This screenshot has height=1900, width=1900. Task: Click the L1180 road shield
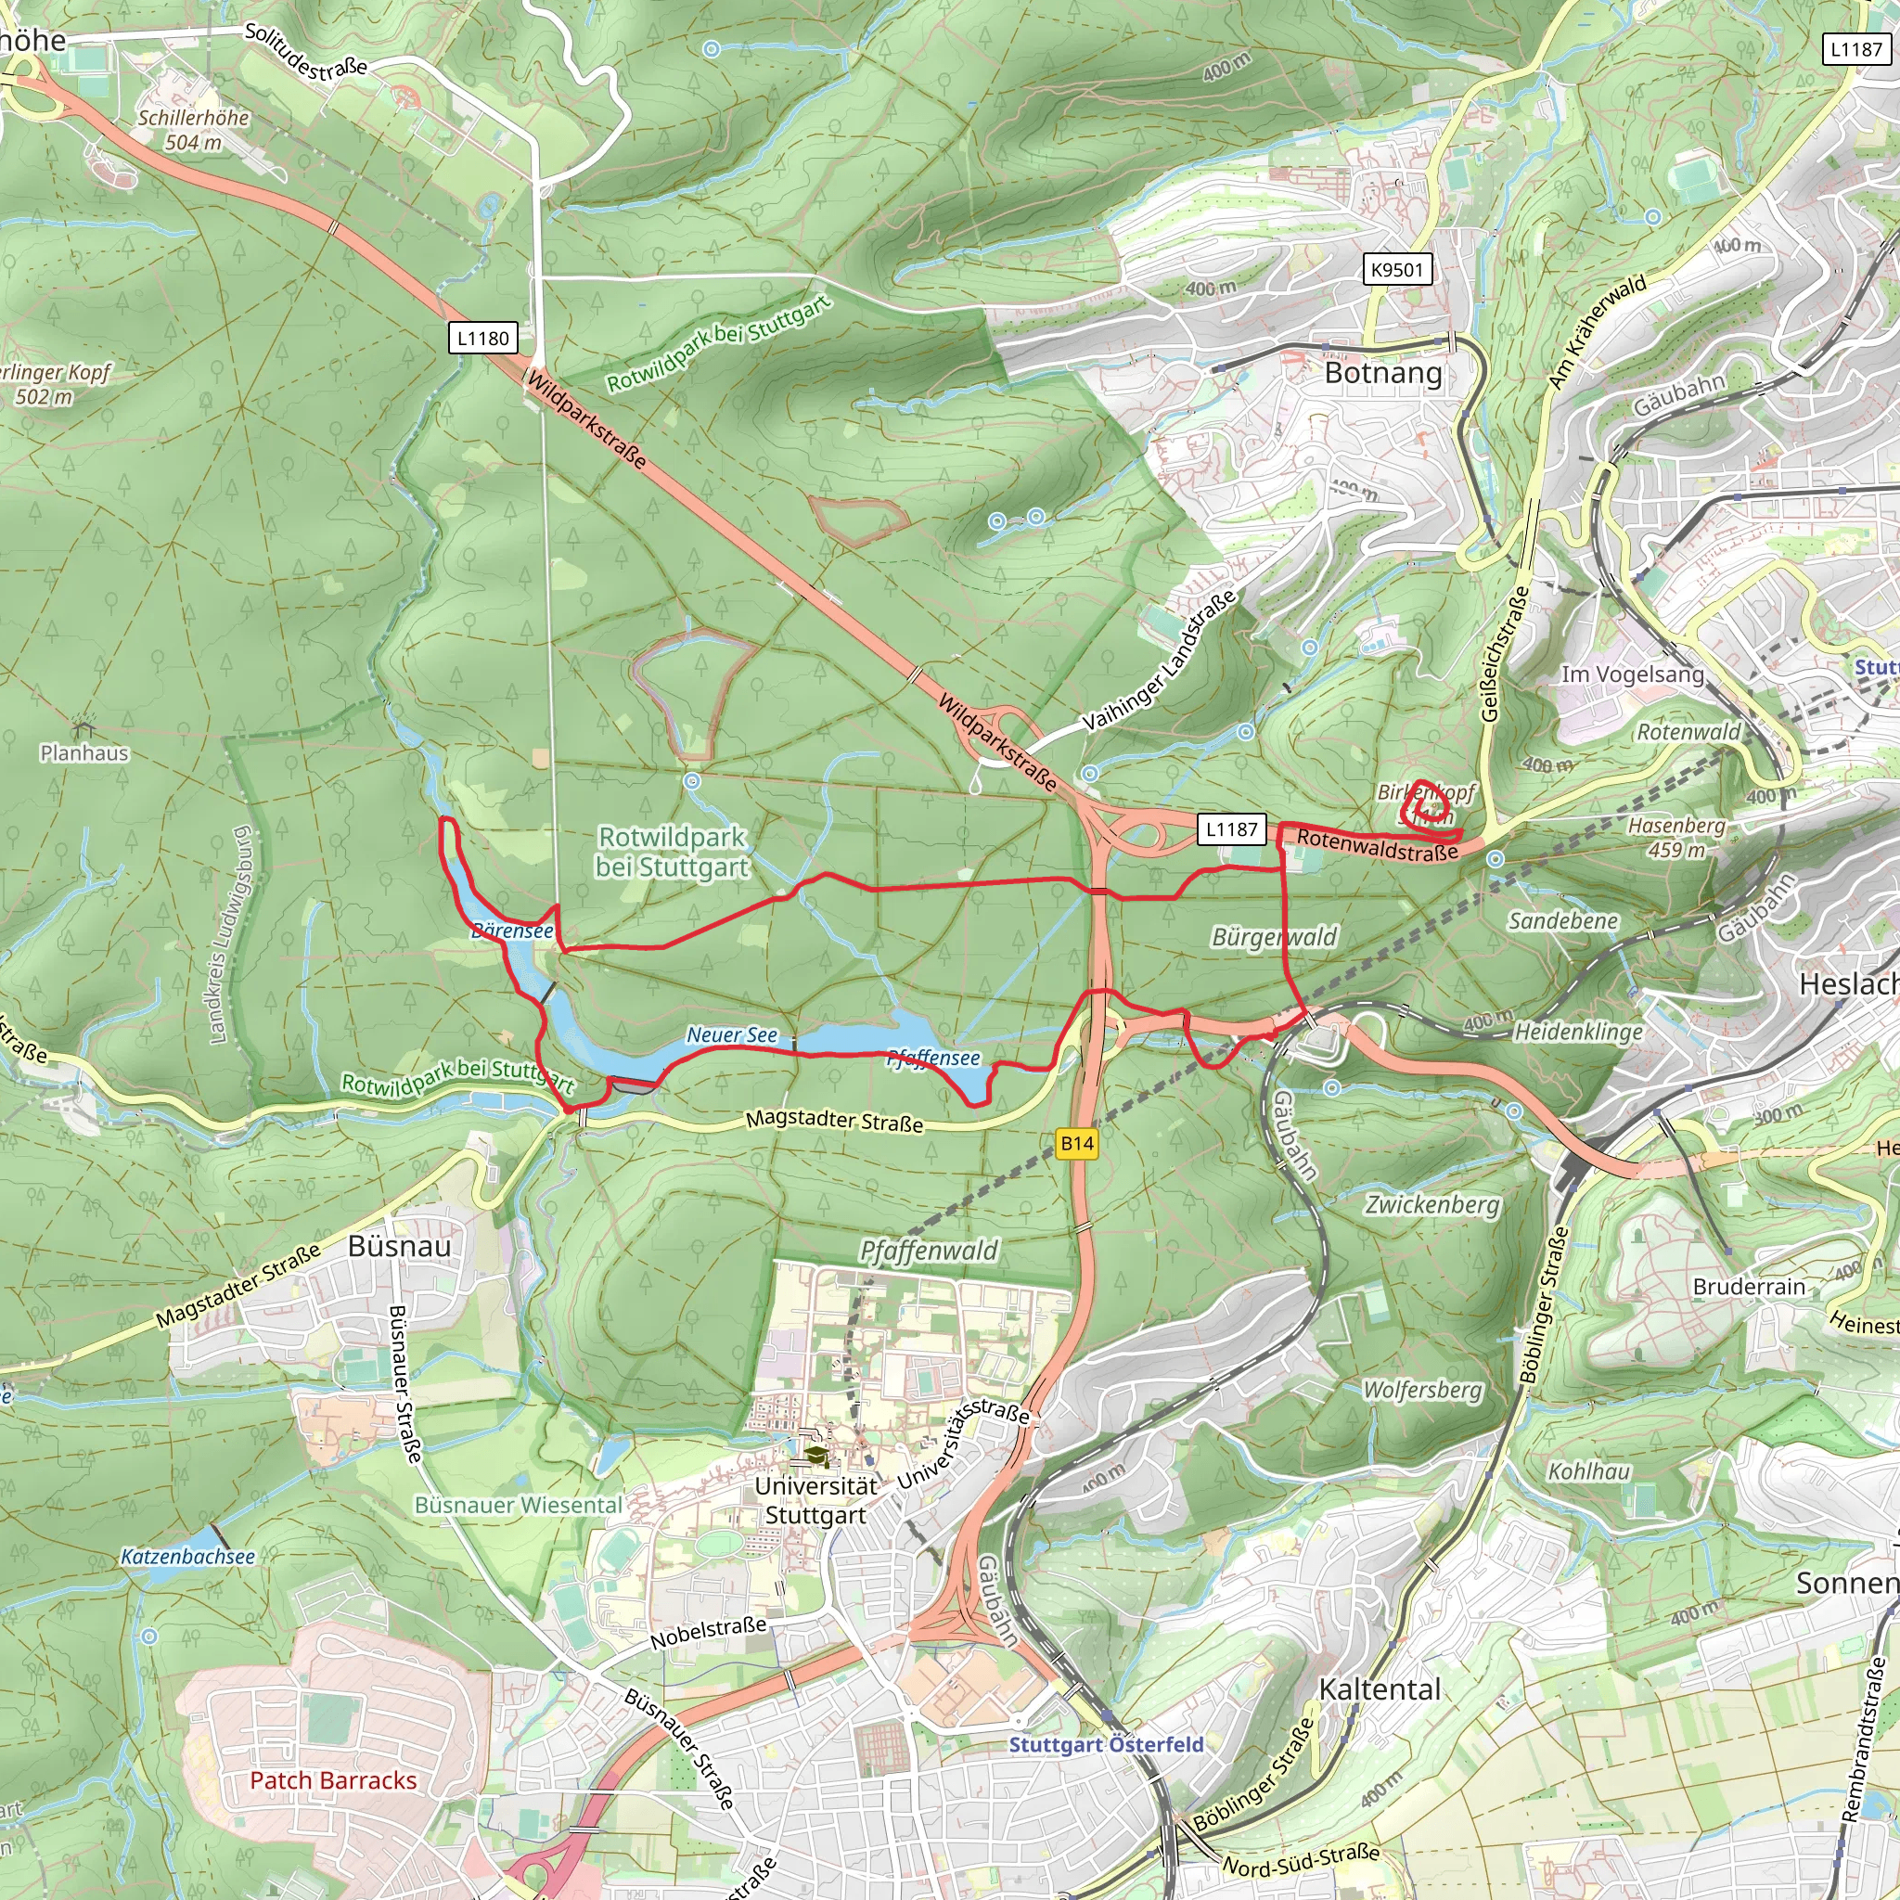482,339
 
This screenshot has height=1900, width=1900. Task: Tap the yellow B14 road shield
1077,1143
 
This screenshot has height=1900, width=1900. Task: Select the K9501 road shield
1396,269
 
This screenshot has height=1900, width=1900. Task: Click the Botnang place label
1382,374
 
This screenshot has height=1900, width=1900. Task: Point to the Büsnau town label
399,1246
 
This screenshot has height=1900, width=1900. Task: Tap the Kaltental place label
1379,1689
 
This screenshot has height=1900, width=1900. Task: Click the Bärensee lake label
511,931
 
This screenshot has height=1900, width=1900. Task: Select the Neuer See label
731,1034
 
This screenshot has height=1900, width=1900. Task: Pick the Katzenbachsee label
186,1557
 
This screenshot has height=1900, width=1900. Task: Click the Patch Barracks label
332,1780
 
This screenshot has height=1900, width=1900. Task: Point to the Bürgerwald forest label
1274,936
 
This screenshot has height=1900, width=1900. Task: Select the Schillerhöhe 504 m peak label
193,130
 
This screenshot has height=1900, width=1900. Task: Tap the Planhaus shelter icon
83,728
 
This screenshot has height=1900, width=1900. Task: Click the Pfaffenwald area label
928,1251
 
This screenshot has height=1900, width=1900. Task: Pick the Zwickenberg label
1431,1205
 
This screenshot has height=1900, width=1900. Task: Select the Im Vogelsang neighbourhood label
1632,674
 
